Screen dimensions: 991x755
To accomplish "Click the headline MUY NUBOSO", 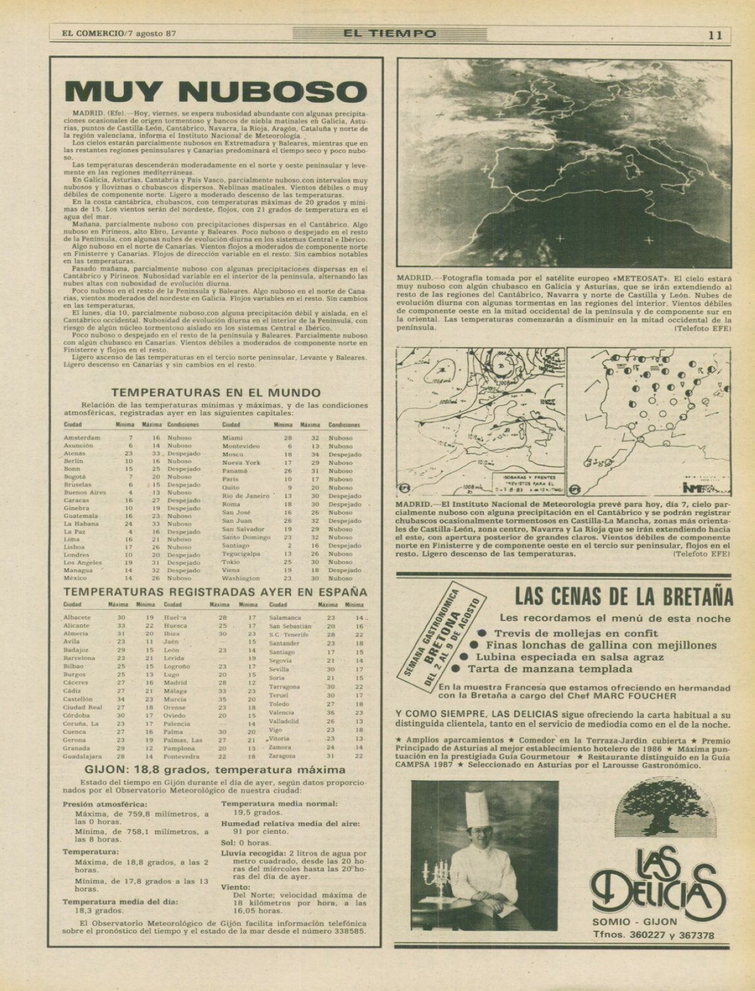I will (x=216, y=91).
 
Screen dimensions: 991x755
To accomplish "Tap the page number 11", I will (x=715, y=35).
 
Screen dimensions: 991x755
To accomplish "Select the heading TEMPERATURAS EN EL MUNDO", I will (x=216, y=392).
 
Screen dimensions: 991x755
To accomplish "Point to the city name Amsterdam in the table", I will (x=82, y=438).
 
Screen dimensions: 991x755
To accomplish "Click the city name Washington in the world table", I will (x=241, y=578).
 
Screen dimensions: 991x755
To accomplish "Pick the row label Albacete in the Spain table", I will (x=77, y=618).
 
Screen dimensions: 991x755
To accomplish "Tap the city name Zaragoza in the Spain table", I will (x=282, y=756).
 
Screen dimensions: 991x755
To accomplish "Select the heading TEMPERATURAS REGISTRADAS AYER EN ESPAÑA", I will (x=215, y=592).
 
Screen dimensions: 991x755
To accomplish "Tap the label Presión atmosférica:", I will (x=105, y=804).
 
